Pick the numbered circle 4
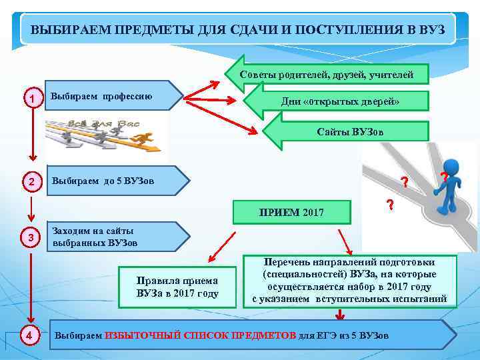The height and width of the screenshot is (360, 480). pyautogui.click(x=29, y=335)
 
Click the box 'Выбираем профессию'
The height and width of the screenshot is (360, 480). pyautogui.click(x=110, y=96)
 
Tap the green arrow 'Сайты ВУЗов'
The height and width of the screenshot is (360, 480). pyautogui.click(x=349, y=131)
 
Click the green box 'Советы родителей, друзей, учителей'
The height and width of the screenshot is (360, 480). pyautogui.click(x=327, y=73)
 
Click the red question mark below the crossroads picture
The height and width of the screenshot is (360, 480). pyautogui.click(x=389, y=205)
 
